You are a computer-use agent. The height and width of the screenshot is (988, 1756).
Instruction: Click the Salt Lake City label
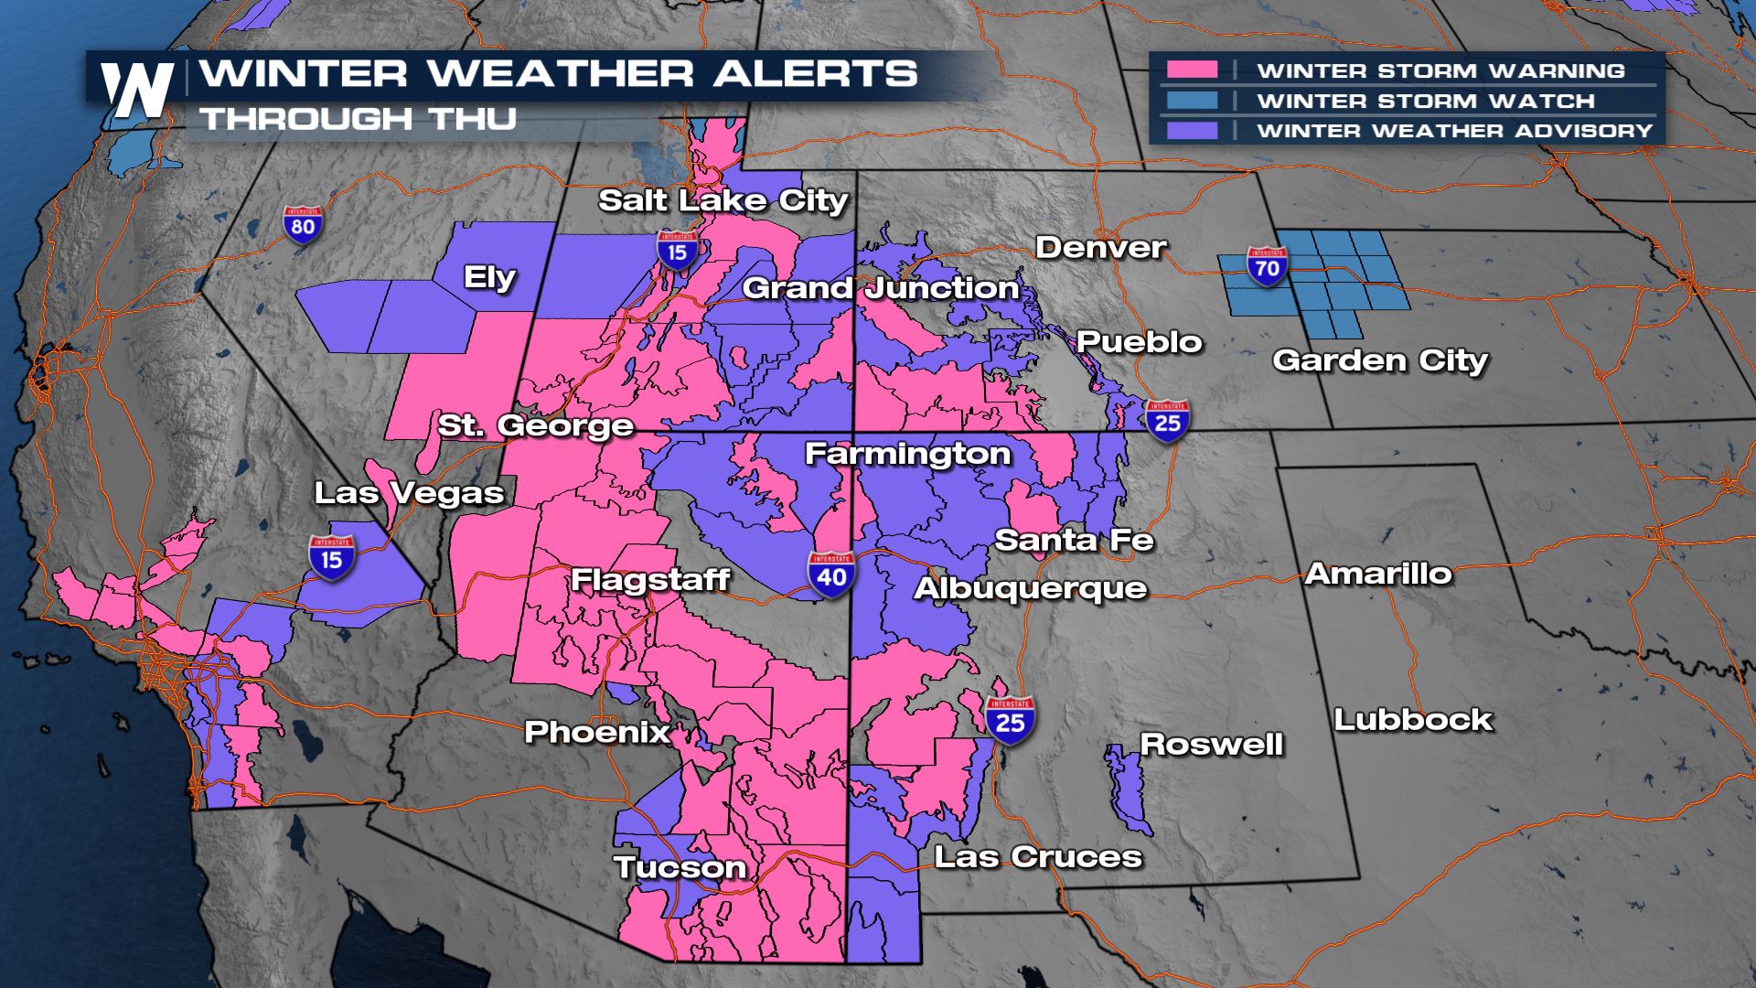[723, 200]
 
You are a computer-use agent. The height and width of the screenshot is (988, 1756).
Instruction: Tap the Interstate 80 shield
[303, 224]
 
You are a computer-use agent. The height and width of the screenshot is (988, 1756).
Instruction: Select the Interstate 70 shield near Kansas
[1267, 266]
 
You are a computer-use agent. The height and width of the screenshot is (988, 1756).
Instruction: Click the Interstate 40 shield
[831, 575]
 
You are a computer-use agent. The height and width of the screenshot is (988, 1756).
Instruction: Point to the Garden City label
[1379, 360]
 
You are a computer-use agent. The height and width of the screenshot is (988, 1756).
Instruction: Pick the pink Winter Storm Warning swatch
[1192, 70]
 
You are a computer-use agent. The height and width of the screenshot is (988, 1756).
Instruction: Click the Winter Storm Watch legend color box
[1192, 101]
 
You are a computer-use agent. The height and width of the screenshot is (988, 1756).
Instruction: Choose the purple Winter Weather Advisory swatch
[1192, 131]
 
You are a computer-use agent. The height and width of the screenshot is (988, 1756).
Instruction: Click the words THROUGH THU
[359, 119]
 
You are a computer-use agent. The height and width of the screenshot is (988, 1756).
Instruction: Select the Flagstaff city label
[650, 579]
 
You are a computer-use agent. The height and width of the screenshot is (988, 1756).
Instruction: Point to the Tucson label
[680, 867]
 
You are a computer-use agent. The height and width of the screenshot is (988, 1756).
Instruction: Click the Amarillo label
[1378, 574]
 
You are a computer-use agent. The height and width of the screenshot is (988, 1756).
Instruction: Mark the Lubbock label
[1412, 719]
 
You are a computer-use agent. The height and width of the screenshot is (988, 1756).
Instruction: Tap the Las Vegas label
[409, 493]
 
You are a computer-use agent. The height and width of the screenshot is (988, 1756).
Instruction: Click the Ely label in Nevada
[489, 277]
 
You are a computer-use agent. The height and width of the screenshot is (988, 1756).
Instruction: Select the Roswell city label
[1211, 744]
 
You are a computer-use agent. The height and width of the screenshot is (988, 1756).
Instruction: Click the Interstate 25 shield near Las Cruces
[1010, 722]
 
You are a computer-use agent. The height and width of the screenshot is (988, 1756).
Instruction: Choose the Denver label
[1100, 247]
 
